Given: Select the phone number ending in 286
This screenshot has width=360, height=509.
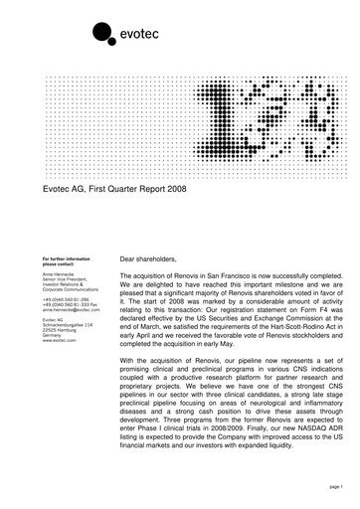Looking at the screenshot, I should click(65, 298).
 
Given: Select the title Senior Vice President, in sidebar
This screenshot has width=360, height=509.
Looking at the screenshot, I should click(68, 279).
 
